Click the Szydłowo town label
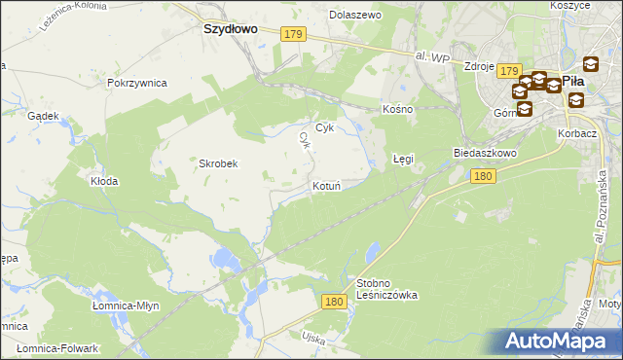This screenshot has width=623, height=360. tap(230, 29)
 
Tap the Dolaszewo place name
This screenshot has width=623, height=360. tap(355, 16)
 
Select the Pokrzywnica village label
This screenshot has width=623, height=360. tap(138, 83)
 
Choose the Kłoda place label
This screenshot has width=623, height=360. tap(104, 181)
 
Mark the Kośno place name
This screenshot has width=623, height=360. tap(398, 109)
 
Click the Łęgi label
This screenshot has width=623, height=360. tap(403, 158)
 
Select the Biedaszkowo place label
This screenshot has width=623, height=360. tap(484, 153)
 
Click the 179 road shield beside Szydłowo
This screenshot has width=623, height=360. tap(293, 34)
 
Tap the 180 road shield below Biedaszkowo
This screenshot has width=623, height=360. tap(484, 176)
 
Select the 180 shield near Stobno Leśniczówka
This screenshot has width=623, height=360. tap(333, 303)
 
